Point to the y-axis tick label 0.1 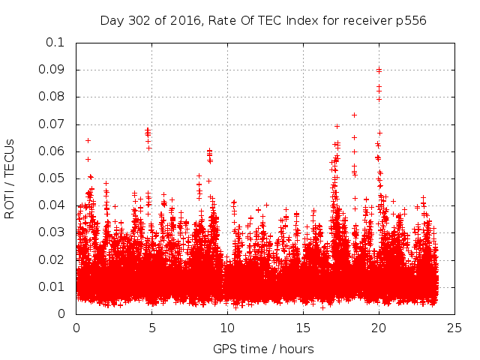[57, 43]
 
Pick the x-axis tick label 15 [303, 328]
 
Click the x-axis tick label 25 [454, 328]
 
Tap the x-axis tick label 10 [227, 328]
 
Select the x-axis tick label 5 [151, 328]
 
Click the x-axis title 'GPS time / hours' [263, 349]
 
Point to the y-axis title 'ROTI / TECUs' [10, 178]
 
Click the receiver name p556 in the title [411, 20]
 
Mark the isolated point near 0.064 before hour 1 [88, 140]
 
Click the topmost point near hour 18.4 [354, 115]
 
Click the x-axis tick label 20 [379, 328]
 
